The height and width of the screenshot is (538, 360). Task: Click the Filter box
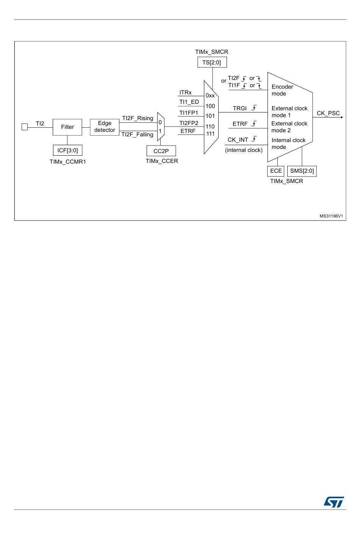coord(67,127)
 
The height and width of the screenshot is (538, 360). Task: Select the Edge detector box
coord(105,127)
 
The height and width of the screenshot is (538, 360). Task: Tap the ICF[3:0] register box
coord(67,150)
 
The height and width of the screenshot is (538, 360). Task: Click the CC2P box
coord(161,151)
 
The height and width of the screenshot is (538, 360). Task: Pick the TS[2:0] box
coord(211,63)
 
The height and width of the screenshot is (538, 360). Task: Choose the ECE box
coord(276,171)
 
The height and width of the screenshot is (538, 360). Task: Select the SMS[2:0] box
coord(302,171)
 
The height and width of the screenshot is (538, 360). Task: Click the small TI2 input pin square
coord(25,127)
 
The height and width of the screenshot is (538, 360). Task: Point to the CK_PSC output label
coord(328,113)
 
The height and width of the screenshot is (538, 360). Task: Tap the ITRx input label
coord(185,92)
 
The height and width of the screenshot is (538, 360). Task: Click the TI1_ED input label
coord(189,102)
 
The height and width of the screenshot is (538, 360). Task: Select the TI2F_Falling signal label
coord(137,134)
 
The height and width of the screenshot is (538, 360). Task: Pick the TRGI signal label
coord(239,108)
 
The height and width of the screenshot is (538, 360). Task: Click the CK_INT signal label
coord(238,140)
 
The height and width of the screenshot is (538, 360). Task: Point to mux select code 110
coord(210,127)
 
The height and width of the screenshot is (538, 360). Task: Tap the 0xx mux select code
coord(210,96)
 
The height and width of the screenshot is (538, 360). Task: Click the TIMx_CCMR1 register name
coord(68,162)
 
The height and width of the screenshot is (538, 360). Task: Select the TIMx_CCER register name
coord(162,161)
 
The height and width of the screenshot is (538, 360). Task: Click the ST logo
coord(334,502)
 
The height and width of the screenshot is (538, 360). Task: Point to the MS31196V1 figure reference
coord(331,216)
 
